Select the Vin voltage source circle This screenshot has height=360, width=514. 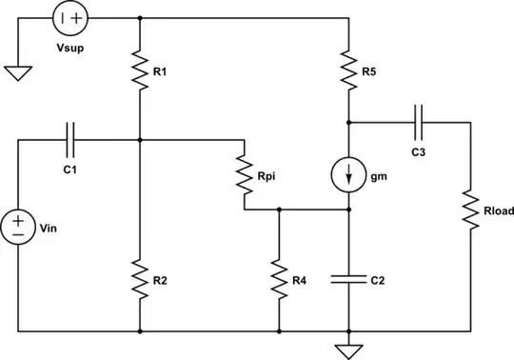point(18,227)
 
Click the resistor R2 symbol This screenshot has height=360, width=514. point(140,279)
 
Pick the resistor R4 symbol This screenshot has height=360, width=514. point(279,279)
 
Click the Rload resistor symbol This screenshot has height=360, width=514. point(471,210)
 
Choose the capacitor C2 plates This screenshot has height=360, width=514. point(349,279)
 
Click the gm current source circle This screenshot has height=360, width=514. point(349,174)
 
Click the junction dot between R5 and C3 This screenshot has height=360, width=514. point(349,122)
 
